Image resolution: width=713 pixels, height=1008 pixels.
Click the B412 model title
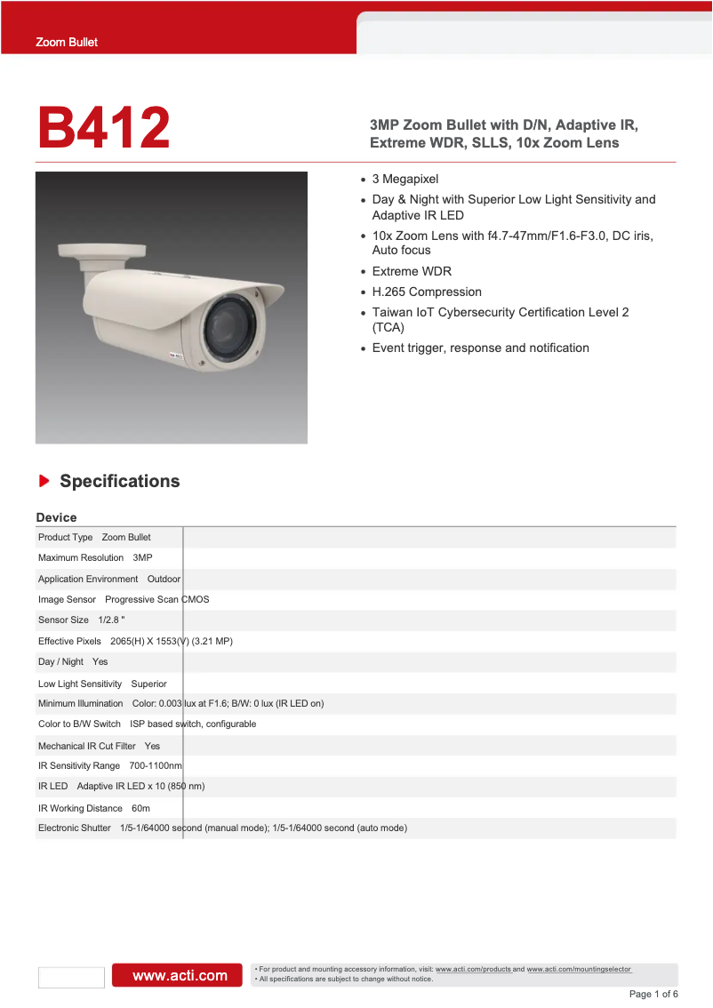[104, 128]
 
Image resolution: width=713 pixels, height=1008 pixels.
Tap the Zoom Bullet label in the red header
[67, 42]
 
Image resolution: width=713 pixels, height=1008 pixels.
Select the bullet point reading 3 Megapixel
[405, 179]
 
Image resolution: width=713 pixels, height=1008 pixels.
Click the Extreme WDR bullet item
[412, 271]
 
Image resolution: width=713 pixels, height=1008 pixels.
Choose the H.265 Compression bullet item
[427, 292]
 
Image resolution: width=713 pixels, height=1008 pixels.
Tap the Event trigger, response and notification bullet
[480, 348]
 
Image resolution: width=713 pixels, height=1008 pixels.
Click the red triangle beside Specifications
[44, 481]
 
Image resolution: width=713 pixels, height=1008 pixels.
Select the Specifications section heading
[119, 481]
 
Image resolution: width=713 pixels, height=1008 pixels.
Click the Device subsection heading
[56, 517]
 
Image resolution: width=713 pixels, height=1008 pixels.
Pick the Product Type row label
[65, 537]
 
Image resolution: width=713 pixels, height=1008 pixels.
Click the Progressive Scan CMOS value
[157, 599]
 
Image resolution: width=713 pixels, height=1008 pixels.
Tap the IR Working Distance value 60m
[140, 808]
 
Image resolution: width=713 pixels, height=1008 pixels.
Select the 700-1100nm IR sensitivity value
[156, 765]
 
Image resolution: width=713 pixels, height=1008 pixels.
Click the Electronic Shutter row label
[74, 828]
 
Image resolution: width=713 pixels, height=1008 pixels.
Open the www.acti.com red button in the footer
[176, 975]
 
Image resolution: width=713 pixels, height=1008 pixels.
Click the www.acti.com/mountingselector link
[579, 969]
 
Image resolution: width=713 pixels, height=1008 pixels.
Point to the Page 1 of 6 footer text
[653, 994]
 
